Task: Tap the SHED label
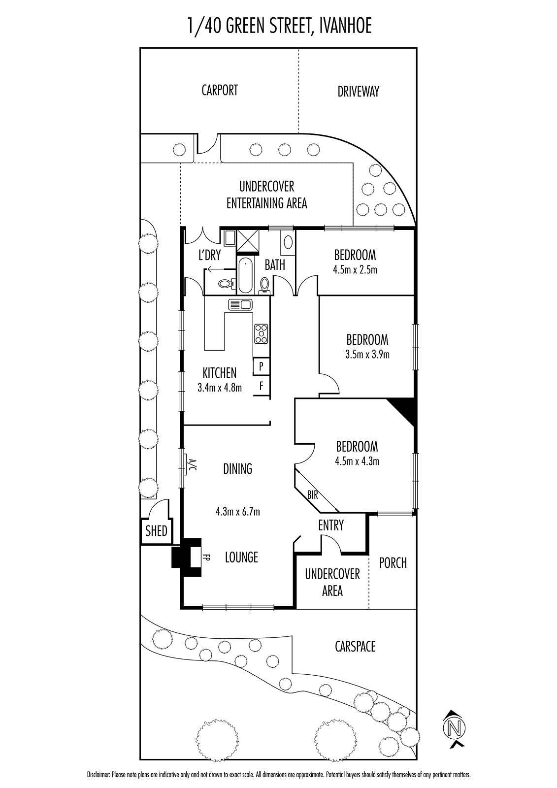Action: [x=156, y=531]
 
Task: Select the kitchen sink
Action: [x=240, y=304]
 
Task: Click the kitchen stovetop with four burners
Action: [x=261, y=333]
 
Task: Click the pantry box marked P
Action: [x=262, y=366]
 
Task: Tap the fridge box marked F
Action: [x=262, y=386]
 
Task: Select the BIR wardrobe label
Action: [x=312, y=495]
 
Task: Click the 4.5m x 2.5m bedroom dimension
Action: [x=355, y=270]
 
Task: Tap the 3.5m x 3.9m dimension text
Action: [x=367, y=354]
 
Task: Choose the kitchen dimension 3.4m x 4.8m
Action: [x=220, y=388]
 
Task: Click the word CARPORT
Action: [x=220, y=90]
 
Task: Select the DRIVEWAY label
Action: [x=358, y=92]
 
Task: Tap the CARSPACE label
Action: [x=355, y=646]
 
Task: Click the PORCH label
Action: [x=393, y=563]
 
